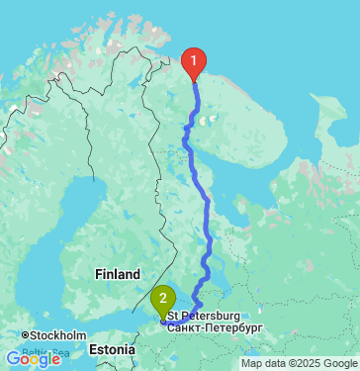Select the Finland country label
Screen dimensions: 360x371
pos(111,274)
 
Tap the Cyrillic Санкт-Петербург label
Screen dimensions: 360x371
pos(215,325)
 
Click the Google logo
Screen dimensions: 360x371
pos(34,359)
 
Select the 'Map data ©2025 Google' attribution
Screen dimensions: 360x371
pos(299,363)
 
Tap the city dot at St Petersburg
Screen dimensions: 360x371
pos(163,320)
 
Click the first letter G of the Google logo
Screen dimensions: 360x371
pos(14,359)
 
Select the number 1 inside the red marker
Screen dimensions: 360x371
pos(194,59)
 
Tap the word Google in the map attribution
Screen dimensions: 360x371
pos(337,363)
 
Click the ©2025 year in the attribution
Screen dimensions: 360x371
pos(302,363)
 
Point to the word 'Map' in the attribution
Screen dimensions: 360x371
pos(251,363)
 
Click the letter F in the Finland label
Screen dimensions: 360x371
pos(97,274)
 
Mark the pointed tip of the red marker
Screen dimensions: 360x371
pos(194,79)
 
